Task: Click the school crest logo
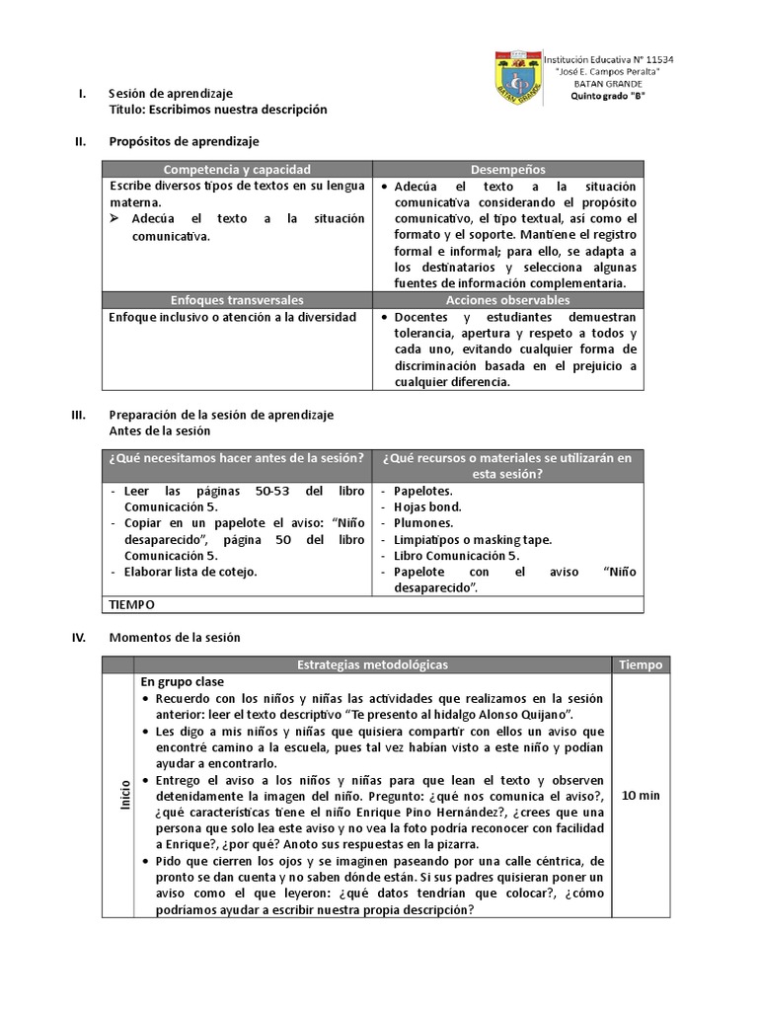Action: point(516,83)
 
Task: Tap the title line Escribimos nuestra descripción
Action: point(217,110)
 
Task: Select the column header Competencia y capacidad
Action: point(236,170)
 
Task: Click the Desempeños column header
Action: point(509,170)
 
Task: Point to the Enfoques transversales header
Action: point(236,299)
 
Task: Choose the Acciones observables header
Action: point(509,299)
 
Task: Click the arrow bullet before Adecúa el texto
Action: point(115,218)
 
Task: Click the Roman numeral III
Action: point(82,415)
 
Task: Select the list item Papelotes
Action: point(422,491)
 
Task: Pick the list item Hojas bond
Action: point(426,506)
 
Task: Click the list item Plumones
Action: point(422,523)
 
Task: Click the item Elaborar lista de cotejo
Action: point(189,572)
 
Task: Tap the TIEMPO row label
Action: point(132,603)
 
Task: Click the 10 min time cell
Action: point(642,795)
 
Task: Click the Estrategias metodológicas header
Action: point(372,664)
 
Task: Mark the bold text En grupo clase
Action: point(182,681)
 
